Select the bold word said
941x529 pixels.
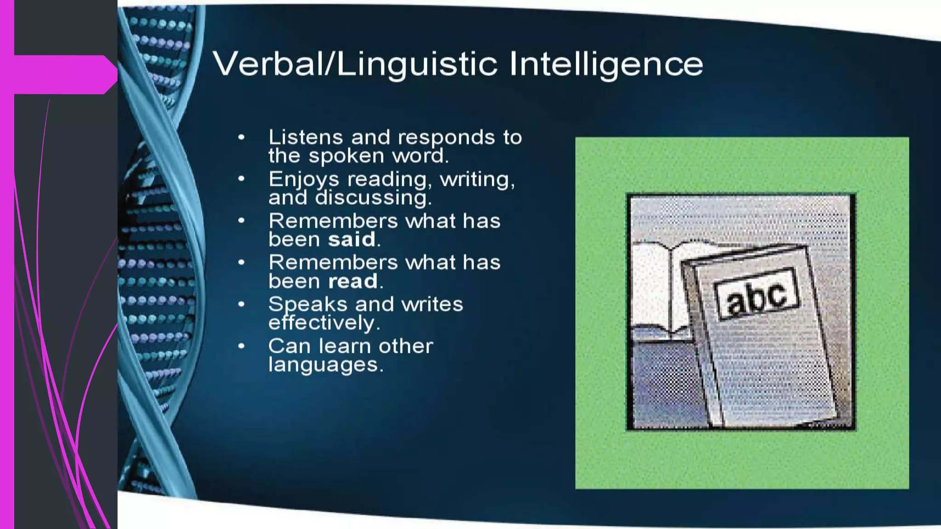pyautogui.click(x=351, y=240)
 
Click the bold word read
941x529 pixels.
pyautogui.click(x=353, y=281)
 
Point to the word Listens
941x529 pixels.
pyautogui.click(x=306, y=137)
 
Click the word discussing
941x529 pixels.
pyautogui.click(x=373, y=198)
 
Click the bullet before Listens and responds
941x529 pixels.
pyautogui.click(x=241, y=137)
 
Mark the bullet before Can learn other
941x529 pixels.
pyautogui.click(x=241, y=346)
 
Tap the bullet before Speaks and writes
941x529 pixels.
pyautogui.click(x=241, y=304)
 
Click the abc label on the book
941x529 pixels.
pyautogui.click(x=756, y=294)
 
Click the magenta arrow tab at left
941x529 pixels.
pyautogui.click(x=64, y=74)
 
